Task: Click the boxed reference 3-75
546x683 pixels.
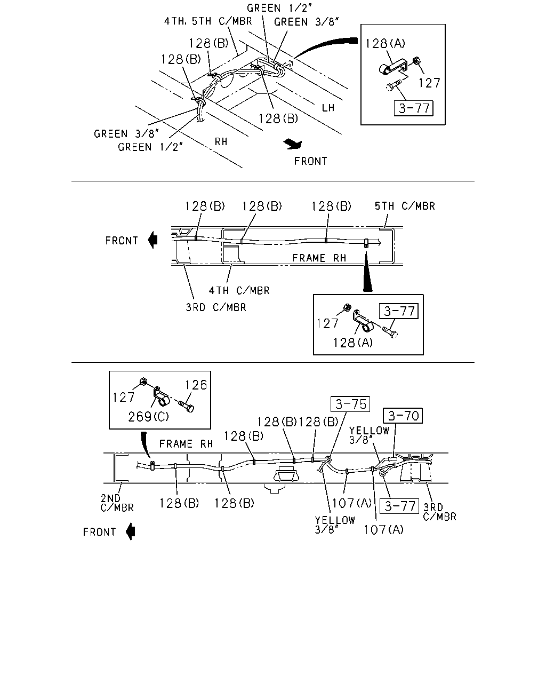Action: pos(350,404)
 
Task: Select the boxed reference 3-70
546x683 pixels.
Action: pos(403,416)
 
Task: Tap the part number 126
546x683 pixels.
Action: pos(196,385)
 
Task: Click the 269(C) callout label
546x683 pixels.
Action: pos(148,417)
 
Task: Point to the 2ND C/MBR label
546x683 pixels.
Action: pos(117,503)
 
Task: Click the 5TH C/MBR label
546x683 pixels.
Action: pos(405,206)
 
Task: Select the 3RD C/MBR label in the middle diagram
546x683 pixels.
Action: pos(216,307)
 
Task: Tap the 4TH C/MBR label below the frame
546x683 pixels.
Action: pos(239,290)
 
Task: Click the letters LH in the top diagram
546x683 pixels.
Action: pos(328,108)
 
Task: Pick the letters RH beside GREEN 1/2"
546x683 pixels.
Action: pos(221,141)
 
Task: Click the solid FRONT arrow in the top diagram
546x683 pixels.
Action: pos(293,144)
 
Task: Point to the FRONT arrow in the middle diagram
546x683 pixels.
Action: pos(153,240)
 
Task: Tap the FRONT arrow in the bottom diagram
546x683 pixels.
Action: pos(131,531)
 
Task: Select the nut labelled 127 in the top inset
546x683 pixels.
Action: pos(417,61)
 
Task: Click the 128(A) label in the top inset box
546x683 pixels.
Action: pos(385,43)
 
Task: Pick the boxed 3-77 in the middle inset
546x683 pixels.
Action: pos(399,311)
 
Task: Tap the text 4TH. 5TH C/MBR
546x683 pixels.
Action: pos(208,21)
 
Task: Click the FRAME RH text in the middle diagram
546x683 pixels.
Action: pos(319,258)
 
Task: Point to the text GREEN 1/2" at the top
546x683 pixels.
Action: pos(279,8)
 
